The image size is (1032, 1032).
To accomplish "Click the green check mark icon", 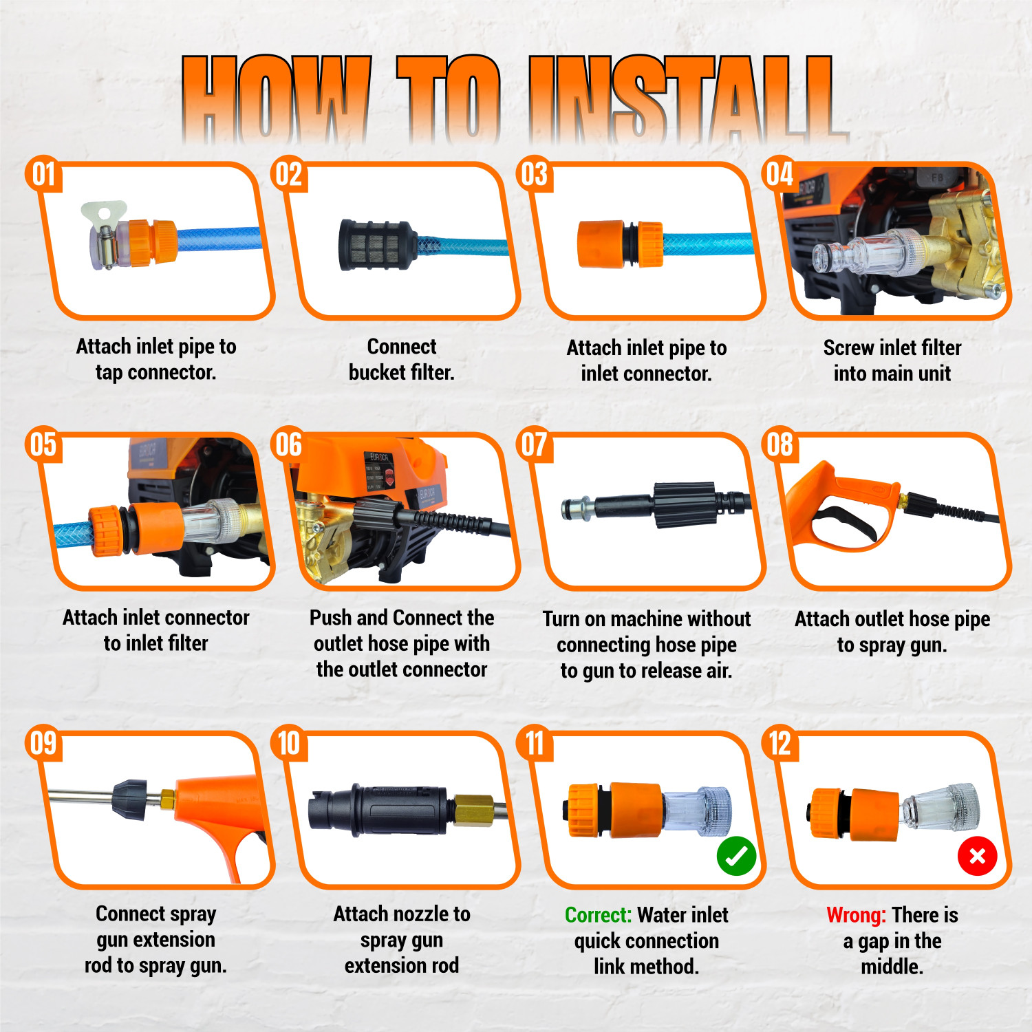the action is pos(736,857).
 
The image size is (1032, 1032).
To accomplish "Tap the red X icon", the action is pos(977,857).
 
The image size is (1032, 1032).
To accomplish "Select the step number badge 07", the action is pos(535,444).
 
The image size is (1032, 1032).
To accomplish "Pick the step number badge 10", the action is pos(289,743).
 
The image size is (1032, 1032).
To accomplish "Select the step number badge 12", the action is pos(780,743).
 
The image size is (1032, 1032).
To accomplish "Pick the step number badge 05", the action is pos(43,444).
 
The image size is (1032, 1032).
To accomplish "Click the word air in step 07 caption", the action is pos(718,671).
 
